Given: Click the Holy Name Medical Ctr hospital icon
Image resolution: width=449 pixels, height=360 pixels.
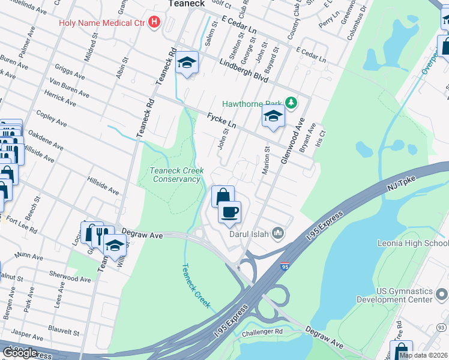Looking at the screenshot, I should point(154,23).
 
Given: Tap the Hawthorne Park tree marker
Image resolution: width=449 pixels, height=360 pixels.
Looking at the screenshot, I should point(291,103).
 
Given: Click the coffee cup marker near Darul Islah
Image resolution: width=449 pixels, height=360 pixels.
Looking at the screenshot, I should point(229,211).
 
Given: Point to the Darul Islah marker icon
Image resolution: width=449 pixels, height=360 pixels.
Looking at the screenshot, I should point(278,233).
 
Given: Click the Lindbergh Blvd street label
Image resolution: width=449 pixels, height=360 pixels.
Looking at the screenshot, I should point(243,71).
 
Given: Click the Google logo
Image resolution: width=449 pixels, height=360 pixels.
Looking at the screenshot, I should point(20,353).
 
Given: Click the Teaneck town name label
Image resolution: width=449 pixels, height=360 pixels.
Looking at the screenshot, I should point(187,4).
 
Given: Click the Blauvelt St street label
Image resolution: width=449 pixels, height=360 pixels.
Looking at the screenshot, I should point(65,332).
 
